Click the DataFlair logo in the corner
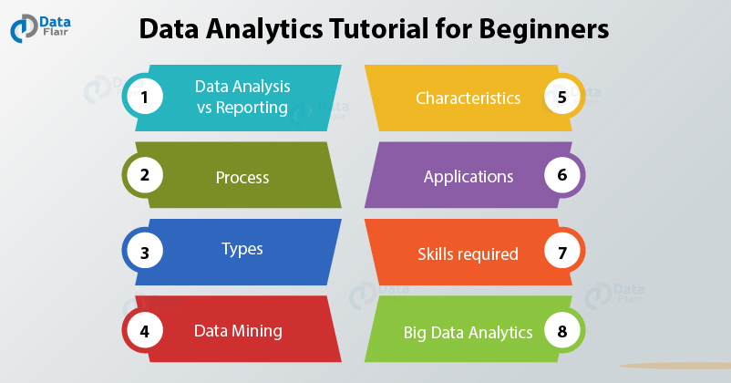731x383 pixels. [40, 27]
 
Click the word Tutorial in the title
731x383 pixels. [378, 28]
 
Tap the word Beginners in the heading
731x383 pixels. [543, 30]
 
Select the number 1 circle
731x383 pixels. [145, 97]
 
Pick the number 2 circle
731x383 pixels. [145, 175]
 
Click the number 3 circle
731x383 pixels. [145, 252]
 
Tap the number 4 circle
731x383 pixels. [145, 331]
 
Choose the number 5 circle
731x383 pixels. [562, 97]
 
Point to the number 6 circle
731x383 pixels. [562, 175]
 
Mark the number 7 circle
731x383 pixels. [562, 252]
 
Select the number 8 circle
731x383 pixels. [562, 331]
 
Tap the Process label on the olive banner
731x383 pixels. [242, 177]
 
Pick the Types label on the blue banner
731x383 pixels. [242, 249]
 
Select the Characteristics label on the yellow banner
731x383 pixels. [468, 98]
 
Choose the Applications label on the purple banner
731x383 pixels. [468, 177]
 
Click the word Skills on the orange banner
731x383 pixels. [435, 254]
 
